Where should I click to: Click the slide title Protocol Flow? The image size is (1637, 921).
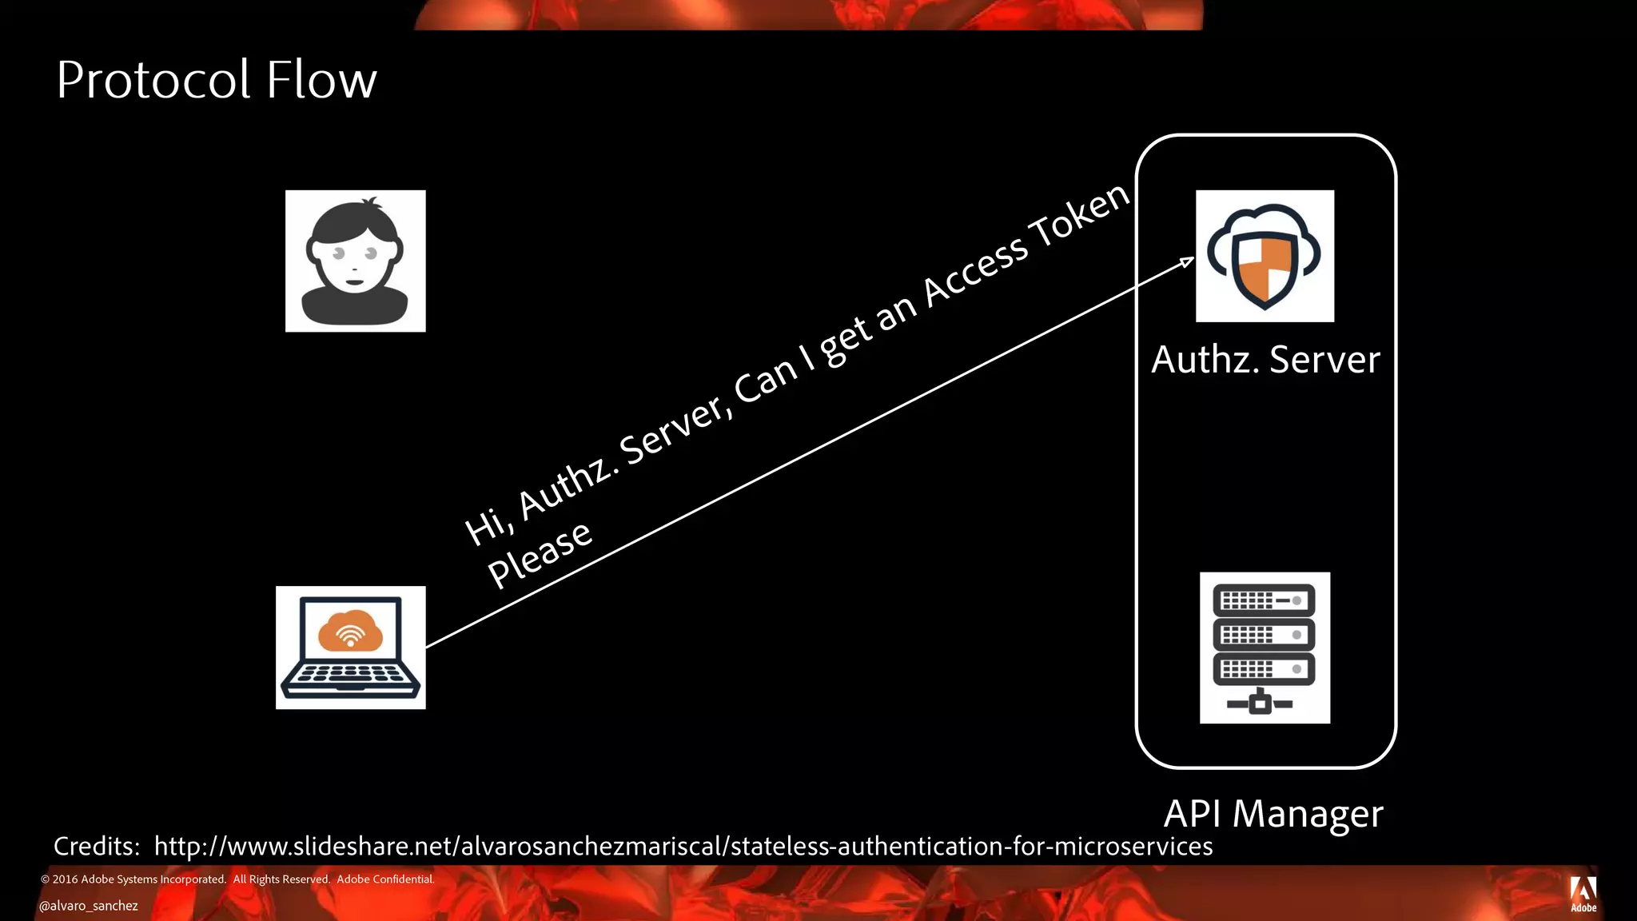click(x=216, y=80)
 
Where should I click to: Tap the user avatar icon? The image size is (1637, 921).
click(x=355, y=261)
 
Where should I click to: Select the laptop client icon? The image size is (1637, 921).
click(x=350, y=648)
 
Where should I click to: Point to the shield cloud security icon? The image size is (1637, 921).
click(x=1265, y=256)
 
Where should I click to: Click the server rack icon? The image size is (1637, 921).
click(x=1265, y=648)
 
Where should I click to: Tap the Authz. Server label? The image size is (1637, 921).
click(x=1265, y=360)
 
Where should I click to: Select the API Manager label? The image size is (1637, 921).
click(x=1273, y=814)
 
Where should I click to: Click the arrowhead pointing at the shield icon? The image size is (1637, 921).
click(x=1188, y=261)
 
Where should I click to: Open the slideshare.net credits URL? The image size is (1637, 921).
click(x=683, y=846)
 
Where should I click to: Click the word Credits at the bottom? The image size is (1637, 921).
click(x=97, y=846)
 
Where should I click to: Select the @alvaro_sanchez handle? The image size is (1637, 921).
click(x=89, y=906)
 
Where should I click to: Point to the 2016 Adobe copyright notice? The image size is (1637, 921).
click(x=237, y=879)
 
